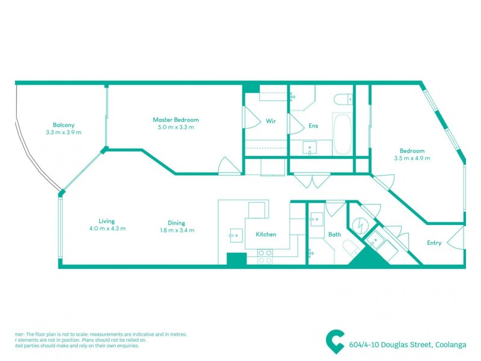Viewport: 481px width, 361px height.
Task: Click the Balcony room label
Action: pos(63,125)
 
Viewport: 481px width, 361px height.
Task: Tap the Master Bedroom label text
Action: pos(176,120)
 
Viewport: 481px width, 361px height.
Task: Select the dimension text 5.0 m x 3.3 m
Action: pos(176,128)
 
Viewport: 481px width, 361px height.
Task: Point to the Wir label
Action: pos(271,121)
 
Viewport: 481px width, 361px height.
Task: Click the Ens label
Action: pos(313,126)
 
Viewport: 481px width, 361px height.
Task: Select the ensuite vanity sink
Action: pos(311,146)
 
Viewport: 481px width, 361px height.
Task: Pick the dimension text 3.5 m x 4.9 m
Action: pos(412,158)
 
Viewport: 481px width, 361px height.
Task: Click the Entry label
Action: pos(434,243)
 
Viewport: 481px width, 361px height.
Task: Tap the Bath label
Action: pos(335,235)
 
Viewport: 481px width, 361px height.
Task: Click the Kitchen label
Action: pos(266,234)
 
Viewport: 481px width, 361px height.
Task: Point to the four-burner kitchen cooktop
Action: pos(265,257)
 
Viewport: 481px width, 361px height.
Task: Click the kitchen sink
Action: pos(234,235)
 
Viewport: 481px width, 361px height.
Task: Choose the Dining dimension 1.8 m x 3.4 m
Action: pos(177,230)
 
